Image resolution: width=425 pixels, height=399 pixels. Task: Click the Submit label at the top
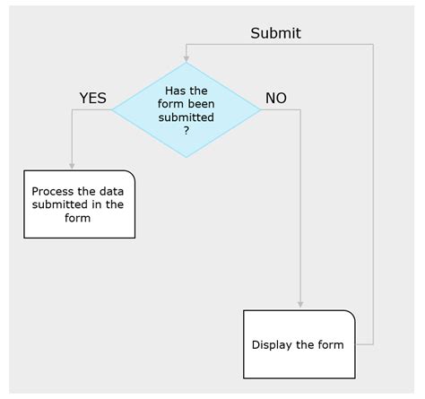tap(275, 33)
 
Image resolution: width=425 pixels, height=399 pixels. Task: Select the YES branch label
tap(92, 99)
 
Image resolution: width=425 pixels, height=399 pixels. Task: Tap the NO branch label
tap(275, 99)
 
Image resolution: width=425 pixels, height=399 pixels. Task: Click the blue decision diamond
tap(186, 110)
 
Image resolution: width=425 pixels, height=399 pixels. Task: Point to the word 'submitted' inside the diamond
tap(186, 117)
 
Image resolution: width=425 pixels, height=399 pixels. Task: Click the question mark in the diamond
tap(186, 131)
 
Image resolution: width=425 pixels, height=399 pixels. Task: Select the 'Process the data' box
tap(79, 204)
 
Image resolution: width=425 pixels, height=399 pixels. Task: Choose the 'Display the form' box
tap(299, 344)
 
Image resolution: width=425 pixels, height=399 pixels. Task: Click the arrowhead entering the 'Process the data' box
tap(72, 166)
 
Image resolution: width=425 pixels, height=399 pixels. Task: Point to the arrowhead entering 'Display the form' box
tap(299, 306)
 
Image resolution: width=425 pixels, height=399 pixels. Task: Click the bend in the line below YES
tap(72, 110)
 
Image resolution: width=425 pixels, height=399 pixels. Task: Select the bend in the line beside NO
tap(299, 110)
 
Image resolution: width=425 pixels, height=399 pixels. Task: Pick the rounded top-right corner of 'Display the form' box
tap(351, 315)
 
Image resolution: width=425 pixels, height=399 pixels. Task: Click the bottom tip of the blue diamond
tap(186, 158)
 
